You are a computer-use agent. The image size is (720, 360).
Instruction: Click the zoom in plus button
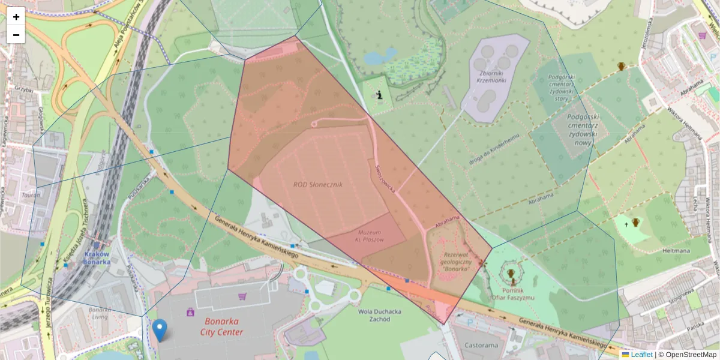16,17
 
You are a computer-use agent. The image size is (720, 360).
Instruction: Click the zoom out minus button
16,35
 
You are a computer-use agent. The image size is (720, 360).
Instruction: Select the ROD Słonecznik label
317,185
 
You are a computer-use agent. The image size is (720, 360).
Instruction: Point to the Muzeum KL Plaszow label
370,236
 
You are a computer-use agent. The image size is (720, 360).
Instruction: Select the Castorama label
481,346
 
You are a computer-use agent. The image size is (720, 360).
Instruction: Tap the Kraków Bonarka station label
96,257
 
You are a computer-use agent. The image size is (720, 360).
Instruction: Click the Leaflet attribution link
641,355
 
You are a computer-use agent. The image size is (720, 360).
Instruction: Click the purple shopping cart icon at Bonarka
242,296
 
